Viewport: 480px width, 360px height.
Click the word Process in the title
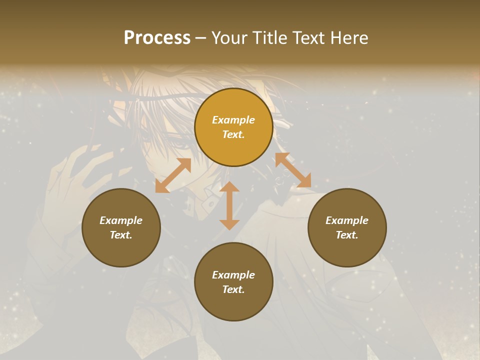click(x=157, y=38)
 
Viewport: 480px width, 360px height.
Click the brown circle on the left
click(x=121, y=227)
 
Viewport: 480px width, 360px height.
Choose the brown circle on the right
click(x=347, y=227)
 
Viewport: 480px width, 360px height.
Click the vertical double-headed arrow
click(x=229, y=205)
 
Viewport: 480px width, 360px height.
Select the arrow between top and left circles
click(x=173, y=175)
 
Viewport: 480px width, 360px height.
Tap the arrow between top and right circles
click(x=293, y=170)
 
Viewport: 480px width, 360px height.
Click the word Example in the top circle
click(x=233, y=120)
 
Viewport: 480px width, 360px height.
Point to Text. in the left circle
click(x=121, y=235)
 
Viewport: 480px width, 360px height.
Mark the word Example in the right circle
click(x=347, y=220)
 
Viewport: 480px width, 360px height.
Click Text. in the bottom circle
click(x=233, y=289)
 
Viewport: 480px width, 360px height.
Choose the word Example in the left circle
click(x=121, y=220)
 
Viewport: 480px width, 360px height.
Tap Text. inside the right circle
click(x=347, y=235)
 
